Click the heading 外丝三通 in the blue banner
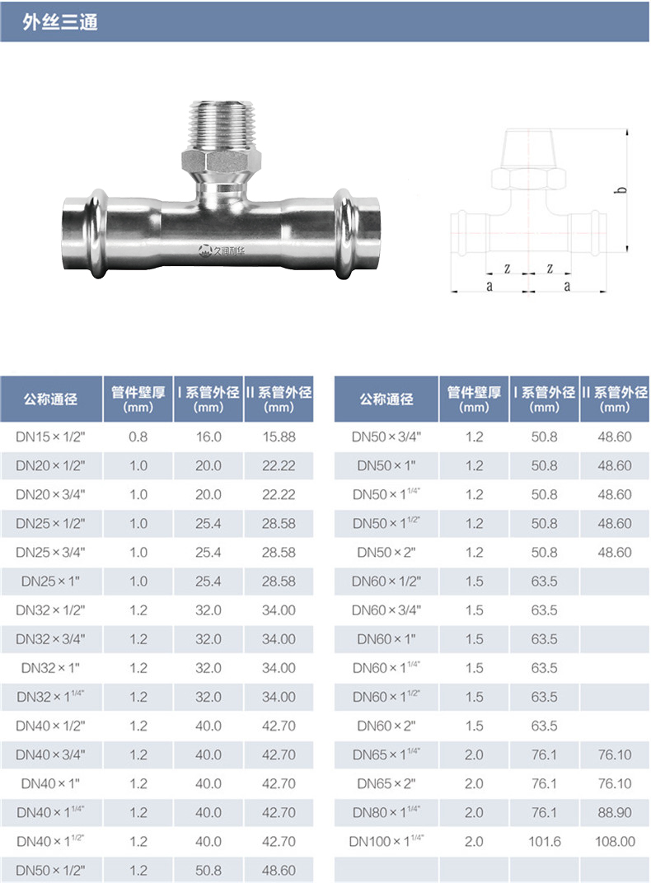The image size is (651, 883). (60, 21)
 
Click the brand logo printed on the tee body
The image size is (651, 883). (222, 250)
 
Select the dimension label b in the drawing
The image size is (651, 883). (621, 189)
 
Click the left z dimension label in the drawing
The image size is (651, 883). (507, 268)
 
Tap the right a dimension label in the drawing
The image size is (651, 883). (567, 286)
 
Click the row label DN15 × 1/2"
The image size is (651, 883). (51, 437)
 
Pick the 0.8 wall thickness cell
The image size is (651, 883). (138, 437)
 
